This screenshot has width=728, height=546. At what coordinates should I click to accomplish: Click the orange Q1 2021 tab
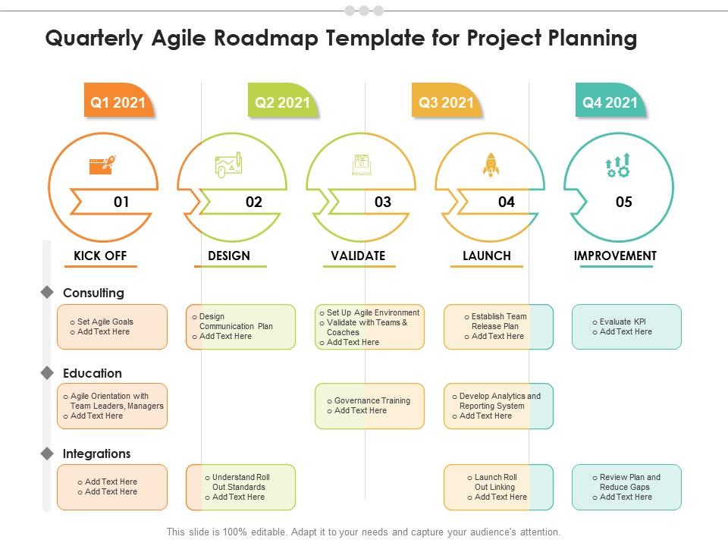[x=118, y=102]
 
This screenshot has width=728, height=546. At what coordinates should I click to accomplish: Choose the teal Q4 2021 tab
[x=610, y=102]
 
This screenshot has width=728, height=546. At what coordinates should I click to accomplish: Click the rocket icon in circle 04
[x=491, y=164]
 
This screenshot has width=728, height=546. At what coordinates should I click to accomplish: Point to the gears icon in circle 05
[x=618, y=165]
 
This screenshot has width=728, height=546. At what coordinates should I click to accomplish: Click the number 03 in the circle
[x=383, y=202]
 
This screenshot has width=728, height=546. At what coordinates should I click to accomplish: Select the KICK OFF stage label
[x=100, y=256]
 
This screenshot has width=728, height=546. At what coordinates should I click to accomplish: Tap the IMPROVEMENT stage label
[x=615, y=256]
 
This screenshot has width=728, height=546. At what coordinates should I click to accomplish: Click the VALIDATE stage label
[x=358, y=256]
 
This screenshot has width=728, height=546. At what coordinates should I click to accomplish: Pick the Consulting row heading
[x=93, y=293]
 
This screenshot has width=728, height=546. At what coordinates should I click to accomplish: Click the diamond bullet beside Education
[x=47, y=373]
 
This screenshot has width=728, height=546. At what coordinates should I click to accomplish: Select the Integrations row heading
[x=96, y=453]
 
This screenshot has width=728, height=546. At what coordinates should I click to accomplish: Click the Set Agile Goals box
[x=112, y=327]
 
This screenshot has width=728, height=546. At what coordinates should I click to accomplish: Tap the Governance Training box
[x=370, y=406]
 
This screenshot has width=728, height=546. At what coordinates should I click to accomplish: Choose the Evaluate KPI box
[x=626, y=327]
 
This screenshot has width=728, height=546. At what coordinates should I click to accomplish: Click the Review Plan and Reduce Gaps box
[x=626, y=487]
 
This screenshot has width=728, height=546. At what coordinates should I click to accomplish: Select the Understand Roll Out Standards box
[x=240, y=487]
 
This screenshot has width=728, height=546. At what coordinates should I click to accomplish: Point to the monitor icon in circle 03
[x=362, y=165]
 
